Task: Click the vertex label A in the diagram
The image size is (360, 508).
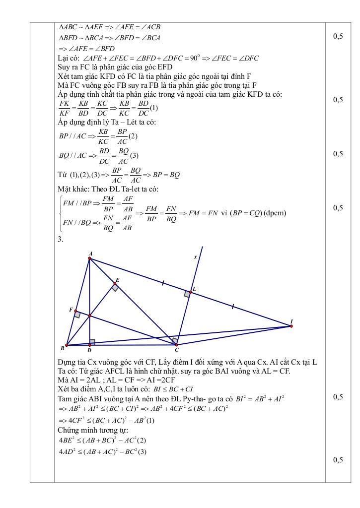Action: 90,253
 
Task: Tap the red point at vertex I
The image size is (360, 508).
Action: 291,326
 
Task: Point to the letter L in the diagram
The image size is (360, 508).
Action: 194,288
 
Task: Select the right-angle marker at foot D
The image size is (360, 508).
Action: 92,342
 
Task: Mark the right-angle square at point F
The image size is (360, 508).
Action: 77,314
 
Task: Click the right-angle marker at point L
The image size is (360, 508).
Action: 187,294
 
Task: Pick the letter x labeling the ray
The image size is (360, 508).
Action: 195,257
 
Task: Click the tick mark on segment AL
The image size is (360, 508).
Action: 163,283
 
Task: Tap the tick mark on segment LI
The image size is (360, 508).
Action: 232,308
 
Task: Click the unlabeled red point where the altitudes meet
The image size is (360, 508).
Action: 90,316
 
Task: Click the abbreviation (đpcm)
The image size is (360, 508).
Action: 276,213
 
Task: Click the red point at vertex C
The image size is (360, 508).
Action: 176,345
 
